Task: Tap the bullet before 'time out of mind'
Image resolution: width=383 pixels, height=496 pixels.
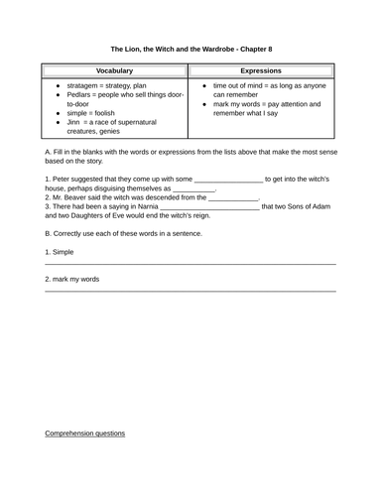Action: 202,86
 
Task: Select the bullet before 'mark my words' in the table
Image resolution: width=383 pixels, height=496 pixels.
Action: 202,104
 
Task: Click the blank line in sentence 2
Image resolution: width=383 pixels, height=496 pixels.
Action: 232,198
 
